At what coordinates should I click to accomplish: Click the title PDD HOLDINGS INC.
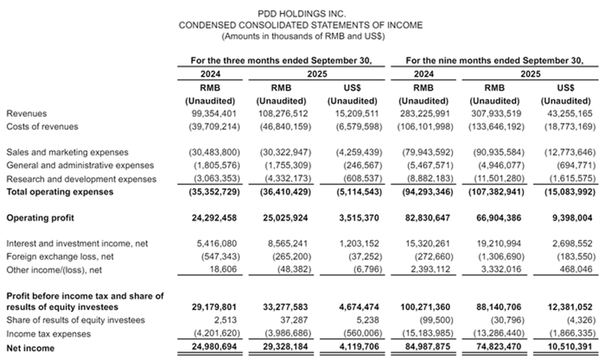click(301, 13)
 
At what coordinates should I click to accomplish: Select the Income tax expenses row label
click(45, 333)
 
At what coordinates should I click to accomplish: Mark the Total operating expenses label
click(59, 192)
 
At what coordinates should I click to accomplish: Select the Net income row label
click(28, 347)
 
